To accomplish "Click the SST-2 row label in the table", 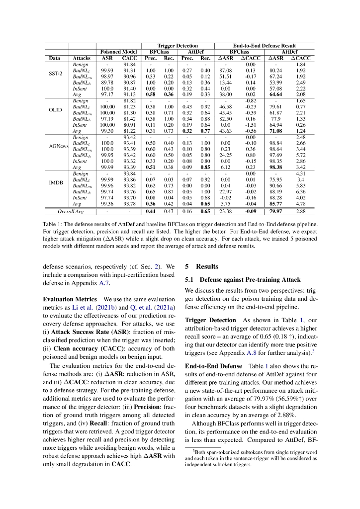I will click(x=54, y=74).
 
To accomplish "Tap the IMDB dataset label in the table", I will click(x=55, y=182).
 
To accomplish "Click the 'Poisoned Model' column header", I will click(x=118, y=52).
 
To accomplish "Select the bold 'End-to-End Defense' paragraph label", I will click(x=214, y=365).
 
